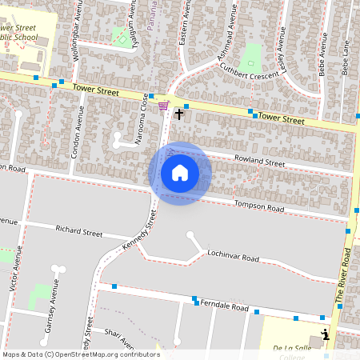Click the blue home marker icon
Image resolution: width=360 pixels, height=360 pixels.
point(179,173)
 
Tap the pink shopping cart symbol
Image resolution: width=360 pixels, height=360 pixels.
point(163,106)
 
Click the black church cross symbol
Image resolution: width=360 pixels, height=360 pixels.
point(178,114)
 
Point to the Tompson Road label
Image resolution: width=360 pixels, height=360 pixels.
point(258,207)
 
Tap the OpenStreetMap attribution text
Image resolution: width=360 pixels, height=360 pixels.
point(81,354)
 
